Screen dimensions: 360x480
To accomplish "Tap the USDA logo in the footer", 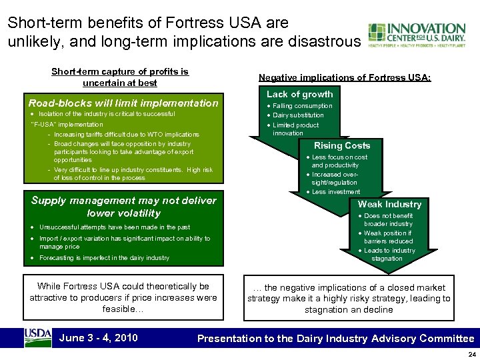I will click(37, 337).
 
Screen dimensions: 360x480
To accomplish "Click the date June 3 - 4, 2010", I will click(99, 338).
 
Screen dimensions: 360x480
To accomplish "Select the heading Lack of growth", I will click(299, 95).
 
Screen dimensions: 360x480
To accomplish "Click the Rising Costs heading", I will click(342, 145).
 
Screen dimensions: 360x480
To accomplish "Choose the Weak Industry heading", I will click(389, 204).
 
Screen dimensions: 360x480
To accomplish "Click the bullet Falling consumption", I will click(302, 106).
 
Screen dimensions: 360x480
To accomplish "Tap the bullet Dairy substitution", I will click(300, 115).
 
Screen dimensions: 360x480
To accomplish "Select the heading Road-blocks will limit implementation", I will click(123, 103).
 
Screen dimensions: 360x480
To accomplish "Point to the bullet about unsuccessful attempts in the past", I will click(115, 227).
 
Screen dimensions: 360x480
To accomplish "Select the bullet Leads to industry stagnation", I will click(389, 254).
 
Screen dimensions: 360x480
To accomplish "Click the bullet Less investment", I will click(336, 191).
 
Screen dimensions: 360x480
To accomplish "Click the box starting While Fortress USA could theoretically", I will click(123, 298).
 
